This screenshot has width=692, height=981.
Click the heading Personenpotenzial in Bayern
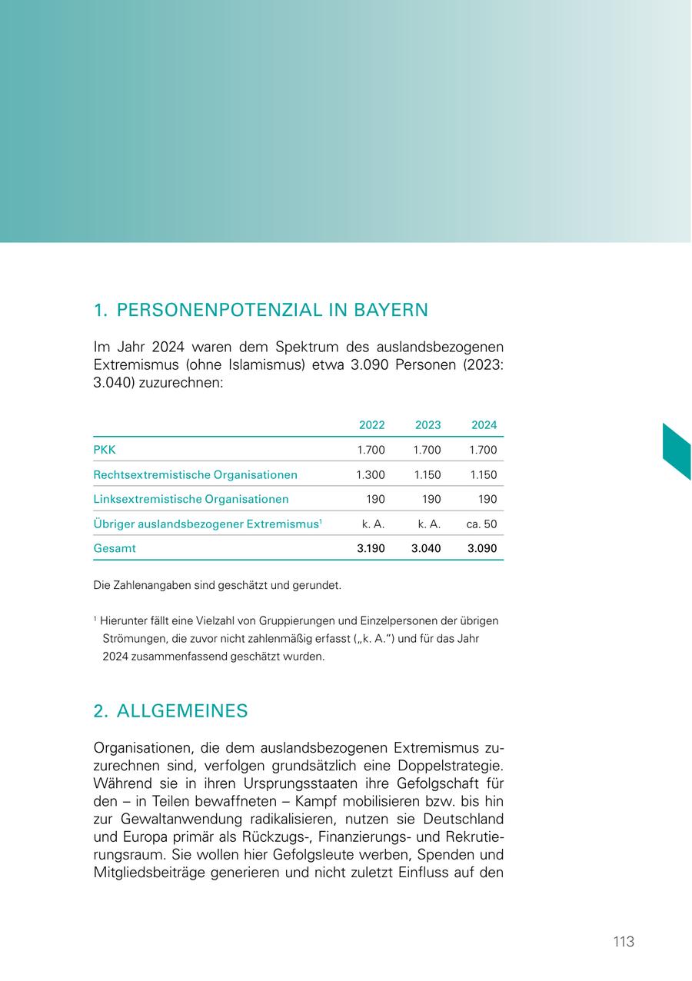260,311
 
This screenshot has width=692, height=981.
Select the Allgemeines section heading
171,711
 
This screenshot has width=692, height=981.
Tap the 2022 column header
371,425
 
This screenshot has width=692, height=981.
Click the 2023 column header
428,425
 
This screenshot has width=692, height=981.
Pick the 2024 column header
484,425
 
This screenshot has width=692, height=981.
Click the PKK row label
105,450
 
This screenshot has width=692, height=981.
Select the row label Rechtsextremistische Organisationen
195,475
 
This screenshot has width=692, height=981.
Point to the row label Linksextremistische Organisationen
191,499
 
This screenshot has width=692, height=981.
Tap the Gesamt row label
115,549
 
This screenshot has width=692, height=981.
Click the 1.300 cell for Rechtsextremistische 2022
371,475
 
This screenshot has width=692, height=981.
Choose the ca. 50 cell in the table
481,524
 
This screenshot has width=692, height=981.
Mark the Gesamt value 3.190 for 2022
371,549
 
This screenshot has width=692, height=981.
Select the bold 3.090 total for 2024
483,549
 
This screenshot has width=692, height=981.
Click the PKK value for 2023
428,450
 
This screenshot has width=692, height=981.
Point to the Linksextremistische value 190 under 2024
487,499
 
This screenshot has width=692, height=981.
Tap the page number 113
624,942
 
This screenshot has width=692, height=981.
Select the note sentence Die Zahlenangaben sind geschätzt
217,586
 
